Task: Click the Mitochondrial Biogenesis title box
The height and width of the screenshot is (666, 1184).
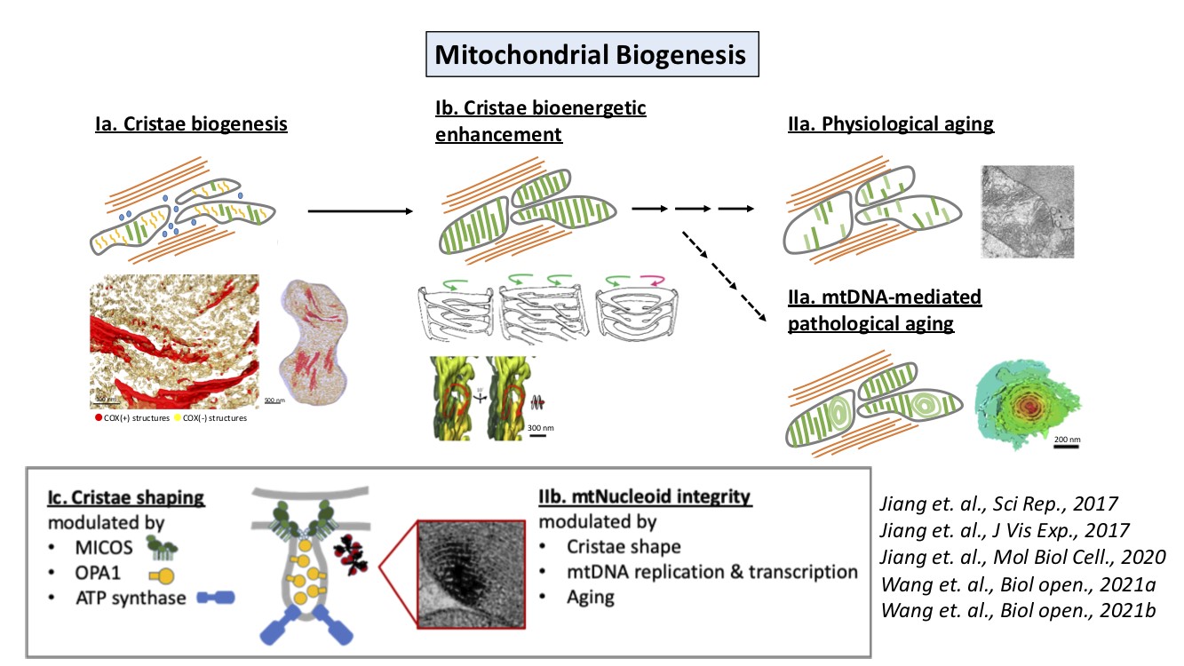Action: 592,55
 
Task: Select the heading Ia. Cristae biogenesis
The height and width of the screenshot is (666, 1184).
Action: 191,124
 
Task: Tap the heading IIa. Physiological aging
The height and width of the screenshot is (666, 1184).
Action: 890,124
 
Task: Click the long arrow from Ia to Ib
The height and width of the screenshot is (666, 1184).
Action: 361,211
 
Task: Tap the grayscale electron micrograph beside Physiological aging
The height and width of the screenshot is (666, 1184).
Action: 1027,210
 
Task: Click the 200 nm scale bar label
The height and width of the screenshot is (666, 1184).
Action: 1068,440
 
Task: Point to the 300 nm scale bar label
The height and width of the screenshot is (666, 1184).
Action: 540,428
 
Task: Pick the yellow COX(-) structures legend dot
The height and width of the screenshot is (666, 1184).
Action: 177,417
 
